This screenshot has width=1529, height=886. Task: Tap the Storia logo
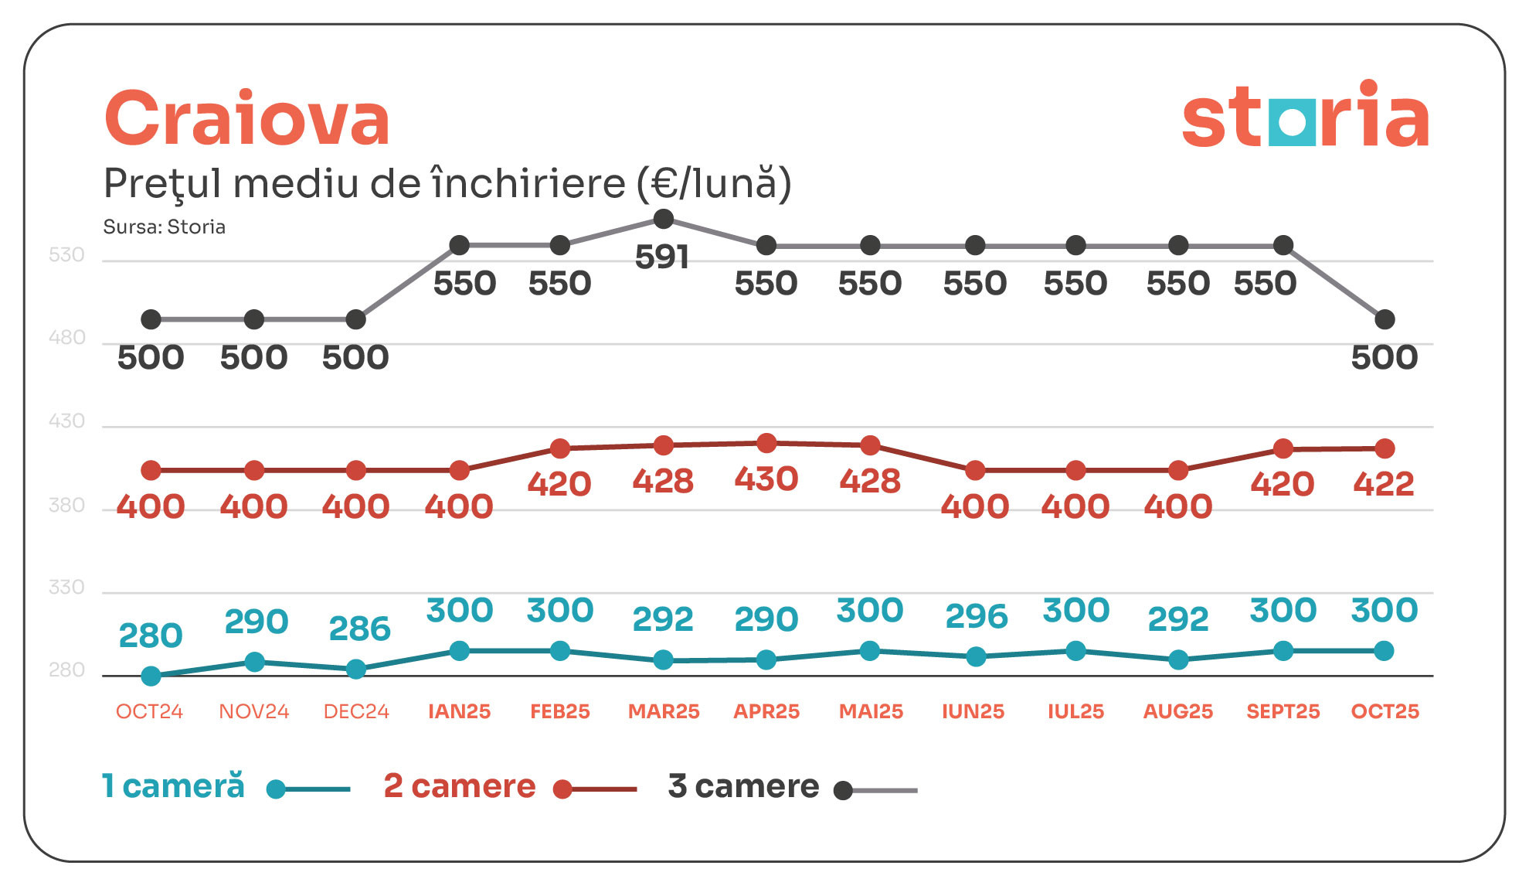1305,116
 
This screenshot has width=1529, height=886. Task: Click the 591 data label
662,257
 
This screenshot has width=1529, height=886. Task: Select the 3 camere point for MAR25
663,220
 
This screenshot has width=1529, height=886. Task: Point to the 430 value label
766,479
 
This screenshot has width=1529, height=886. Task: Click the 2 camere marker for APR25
766,443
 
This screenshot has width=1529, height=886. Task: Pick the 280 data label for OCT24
151,636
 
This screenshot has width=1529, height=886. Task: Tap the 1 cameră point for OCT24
151,676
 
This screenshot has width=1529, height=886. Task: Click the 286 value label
359,629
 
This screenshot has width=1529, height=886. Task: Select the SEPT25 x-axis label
1283,711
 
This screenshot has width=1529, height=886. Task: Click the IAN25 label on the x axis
459,711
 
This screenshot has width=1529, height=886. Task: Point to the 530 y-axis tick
66,255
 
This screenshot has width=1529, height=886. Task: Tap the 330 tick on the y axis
66,588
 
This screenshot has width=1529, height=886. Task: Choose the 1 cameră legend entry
174,786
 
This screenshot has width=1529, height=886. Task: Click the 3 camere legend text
743,786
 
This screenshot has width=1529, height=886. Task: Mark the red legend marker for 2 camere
563,789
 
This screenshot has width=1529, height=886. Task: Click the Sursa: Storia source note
165,227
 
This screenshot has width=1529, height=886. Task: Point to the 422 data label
1384,485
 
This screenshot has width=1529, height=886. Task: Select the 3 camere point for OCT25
1385,319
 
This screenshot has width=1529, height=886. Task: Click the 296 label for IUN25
977,616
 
